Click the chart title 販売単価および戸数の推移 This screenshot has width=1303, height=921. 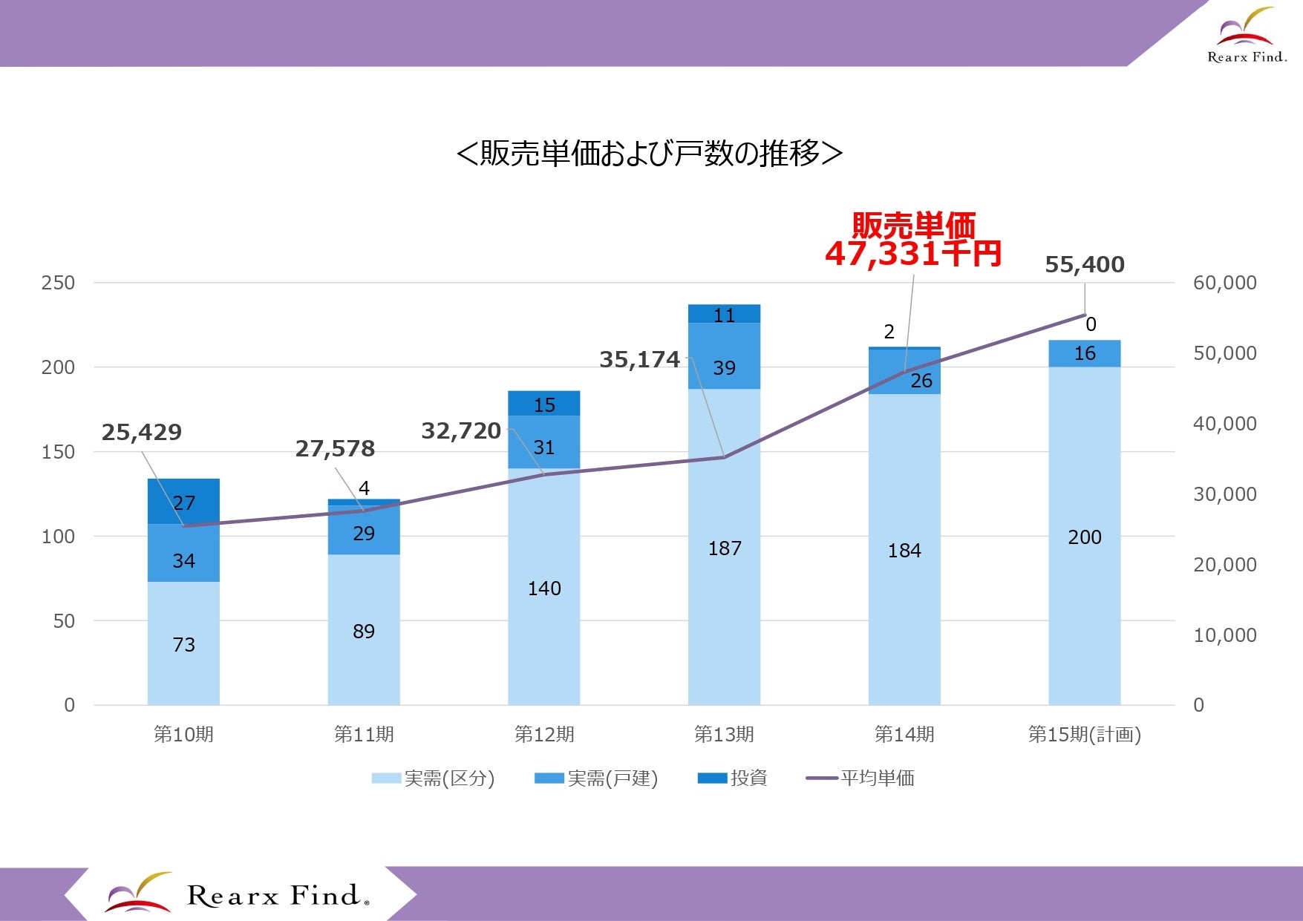pos(650,154)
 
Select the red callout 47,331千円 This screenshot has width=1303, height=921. pos(913,254)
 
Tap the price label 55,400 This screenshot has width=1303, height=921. pos(1085,264)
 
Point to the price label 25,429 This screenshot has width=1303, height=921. pos(142,432)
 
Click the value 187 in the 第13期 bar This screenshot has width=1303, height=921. pos(725,548)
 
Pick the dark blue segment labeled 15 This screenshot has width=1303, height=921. pos(544,403)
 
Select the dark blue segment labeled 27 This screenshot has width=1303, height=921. pos(183,502)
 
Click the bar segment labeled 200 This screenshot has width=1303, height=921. pos(1085,536)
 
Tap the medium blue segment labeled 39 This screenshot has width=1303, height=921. pos(724,356)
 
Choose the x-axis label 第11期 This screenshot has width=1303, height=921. pos(364,735)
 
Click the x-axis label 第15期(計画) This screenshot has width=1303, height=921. pos(1085,735)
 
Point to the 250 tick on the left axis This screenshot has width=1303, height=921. pos(58,283)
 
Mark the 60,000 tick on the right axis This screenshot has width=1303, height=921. pos(1225,283)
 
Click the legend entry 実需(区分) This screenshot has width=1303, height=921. pos(434,779)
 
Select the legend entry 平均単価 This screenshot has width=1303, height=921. pos(860,779)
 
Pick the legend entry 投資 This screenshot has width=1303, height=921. pos(733,779)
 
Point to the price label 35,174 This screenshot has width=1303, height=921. pos(640,360)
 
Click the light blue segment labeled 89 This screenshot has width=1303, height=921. pos(364,629)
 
